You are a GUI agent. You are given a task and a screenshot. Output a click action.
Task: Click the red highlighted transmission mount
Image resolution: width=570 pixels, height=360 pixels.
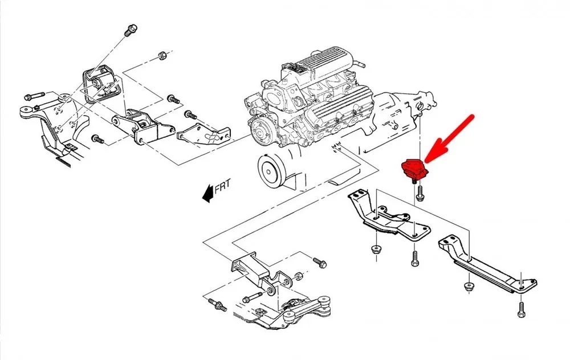point(414,170)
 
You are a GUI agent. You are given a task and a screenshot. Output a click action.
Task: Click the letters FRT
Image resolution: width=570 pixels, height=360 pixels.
point(222,186)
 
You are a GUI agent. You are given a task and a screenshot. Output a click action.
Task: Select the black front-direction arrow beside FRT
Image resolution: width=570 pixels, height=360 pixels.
point(207,193)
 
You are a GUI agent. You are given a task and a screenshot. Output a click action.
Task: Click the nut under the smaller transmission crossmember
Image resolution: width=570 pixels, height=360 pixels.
point(374,250)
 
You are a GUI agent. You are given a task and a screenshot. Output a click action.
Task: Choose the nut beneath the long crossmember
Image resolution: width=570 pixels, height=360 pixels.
point(469,286)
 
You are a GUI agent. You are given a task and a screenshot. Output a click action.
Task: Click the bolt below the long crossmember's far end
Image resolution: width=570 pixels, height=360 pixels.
point(522,309)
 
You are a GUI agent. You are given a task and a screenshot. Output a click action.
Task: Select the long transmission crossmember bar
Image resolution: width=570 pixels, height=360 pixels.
point(487,264)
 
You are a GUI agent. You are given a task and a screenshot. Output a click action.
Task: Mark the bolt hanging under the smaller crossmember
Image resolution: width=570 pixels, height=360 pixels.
point(415,258)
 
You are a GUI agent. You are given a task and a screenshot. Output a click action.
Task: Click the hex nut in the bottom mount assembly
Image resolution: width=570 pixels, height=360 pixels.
point(298,276)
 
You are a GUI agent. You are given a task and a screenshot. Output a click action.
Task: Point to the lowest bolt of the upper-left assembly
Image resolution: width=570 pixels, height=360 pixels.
point(98,139)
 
